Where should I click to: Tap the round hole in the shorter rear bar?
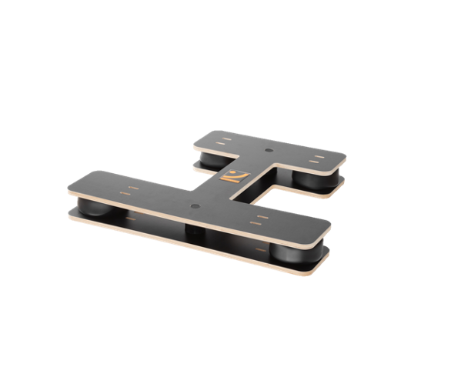click(269, 149)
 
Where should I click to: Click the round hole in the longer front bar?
click(193, 206)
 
